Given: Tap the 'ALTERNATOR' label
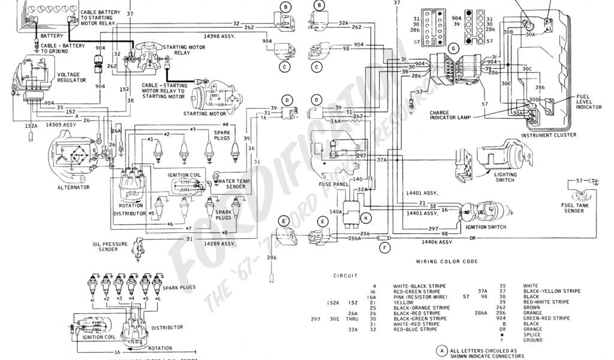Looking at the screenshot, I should click(x=74, y=187).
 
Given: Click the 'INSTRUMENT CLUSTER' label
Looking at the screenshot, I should click(x=548, y=135).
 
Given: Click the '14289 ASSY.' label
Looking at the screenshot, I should click(x=221, y=244).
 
